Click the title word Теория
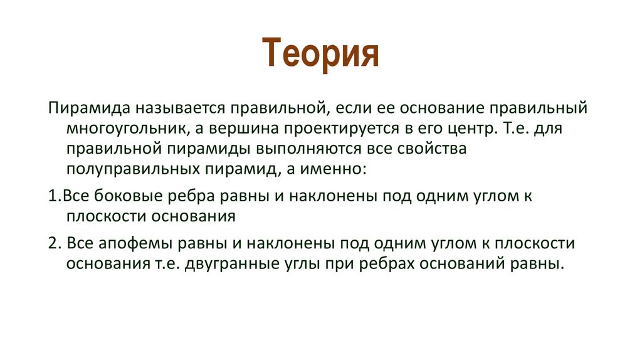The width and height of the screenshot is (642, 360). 320,53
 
